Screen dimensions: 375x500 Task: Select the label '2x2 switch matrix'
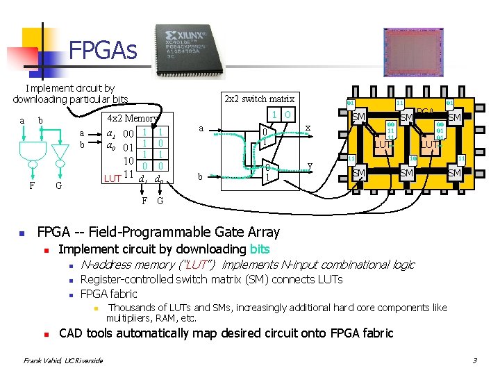click(x=260, y=99)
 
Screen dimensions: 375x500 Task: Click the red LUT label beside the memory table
click(x=112, y=178)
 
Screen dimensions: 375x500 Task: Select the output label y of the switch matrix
click(x=310, y=165)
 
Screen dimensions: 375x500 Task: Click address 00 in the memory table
click(x=127, y=133)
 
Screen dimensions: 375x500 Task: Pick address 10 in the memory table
click(x=128, y=160)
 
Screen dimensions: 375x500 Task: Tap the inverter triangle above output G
click(x=60, y=151)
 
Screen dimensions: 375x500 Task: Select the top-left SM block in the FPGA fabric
click(x=359, y=118)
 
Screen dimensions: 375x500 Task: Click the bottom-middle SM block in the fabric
click(x=408, y=173)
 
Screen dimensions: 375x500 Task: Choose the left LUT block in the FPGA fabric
click(x=383, y=144)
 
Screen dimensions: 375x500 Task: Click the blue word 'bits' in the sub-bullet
click(x=259, y=249)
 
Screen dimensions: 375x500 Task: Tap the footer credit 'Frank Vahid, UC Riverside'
click(x=63, y=360)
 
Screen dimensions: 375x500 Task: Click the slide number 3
click(x=474, y=360)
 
